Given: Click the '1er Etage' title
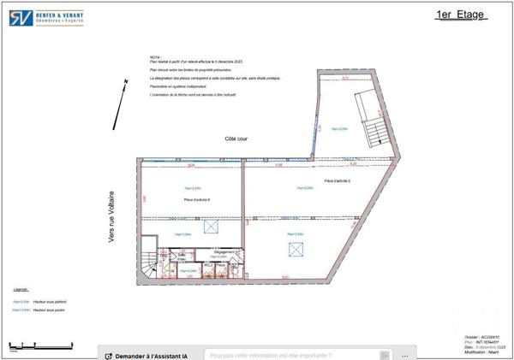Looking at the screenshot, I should point(462,15).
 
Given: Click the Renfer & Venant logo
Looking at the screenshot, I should point(47,17).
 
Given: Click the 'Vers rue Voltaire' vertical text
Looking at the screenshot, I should point(111,217).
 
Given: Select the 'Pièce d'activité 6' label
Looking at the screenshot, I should point(197,199).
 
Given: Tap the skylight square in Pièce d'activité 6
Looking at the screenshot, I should point(210,227).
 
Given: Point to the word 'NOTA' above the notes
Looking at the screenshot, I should point(155,57).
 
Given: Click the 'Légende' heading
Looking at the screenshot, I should point(21,290).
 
